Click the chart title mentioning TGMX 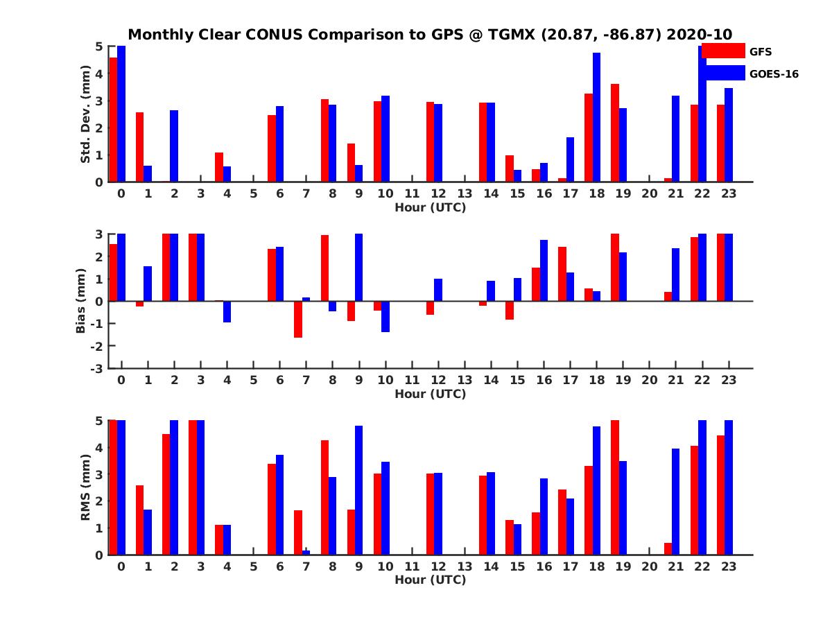pos(430,35)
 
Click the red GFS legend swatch pos(722,51)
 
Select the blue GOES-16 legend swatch pos(722,73)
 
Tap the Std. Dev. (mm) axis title pos(86,114)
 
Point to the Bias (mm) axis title pos(80,301)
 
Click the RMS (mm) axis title pos(86,487)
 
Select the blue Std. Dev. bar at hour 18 pos(596,117)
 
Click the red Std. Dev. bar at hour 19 pos(614,132)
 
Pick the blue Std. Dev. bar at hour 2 pos(174,146)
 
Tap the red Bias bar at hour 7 pos(298,319)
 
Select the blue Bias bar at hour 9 pos(358,268)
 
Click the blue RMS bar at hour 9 pos(358,490)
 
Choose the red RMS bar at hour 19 pos(614,487)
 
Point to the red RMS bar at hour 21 pos(668,548)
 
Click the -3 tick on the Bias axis pos(99,368)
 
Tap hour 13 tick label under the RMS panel pos(465,566)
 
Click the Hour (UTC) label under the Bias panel pos(430,394)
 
